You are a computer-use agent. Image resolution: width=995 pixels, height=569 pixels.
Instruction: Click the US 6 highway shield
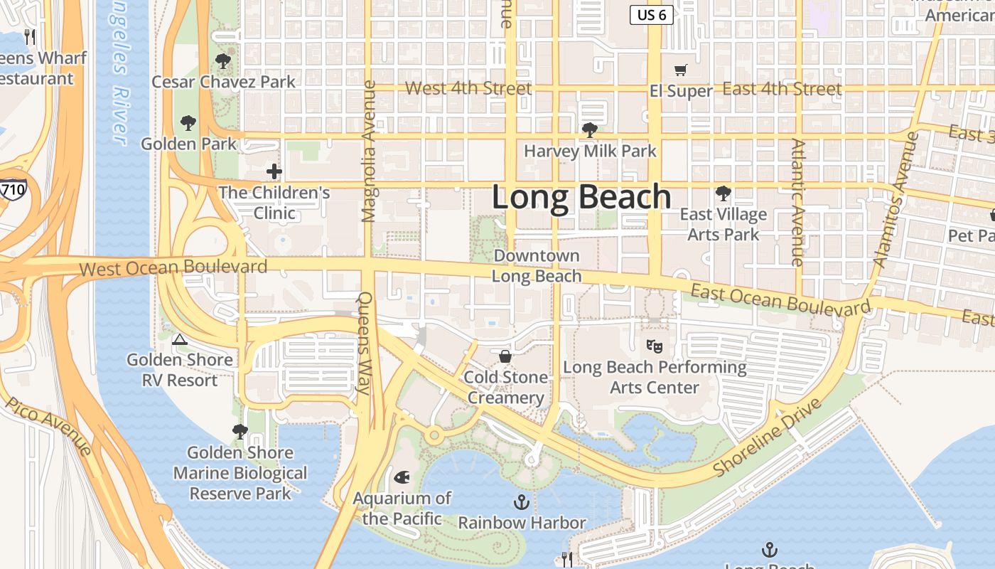click(x=652, y=15)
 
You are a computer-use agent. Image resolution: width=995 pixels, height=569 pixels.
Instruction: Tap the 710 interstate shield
click(x=13, y=189)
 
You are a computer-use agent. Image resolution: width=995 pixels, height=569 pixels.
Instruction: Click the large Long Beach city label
click(x=581, y=197)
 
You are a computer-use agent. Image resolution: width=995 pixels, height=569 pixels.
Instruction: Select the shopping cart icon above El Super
click(x=681, y=70)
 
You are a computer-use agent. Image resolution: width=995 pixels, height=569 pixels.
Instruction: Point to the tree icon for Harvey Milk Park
click(x=589, y=130)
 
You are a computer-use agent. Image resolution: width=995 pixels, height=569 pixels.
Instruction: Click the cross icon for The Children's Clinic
click(x=274, y=171)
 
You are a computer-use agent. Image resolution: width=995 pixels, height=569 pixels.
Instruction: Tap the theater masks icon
click(x=655, y=346)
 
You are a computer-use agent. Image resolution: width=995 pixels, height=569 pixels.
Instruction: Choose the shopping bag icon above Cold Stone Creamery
click(x=505, y=356)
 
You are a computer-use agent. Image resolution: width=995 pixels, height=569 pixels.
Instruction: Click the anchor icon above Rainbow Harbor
click(x=522, y=502)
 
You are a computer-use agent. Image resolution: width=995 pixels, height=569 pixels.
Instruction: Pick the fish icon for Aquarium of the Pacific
click(x=402, y=477)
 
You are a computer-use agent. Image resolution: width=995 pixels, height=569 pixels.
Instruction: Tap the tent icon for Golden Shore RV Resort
click(x=179, y=339)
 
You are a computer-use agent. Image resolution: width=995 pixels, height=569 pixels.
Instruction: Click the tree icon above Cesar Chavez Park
click(x=223, y=61)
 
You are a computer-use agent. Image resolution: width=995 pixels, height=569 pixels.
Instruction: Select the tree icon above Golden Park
click(x=188, y=123)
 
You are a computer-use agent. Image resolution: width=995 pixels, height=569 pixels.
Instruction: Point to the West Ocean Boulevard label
click(x=173, y=267)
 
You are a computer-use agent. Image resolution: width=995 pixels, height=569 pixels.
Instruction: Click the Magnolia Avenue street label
click(x=368, y=151)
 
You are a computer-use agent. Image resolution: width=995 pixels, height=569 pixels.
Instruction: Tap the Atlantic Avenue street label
click(x=798, y=203)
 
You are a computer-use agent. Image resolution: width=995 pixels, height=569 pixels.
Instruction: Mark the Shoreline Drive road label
click(x=767, y=437)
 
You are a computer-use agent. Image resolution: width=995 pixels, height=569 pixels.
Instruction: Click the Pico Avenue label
click(x=49, y=427)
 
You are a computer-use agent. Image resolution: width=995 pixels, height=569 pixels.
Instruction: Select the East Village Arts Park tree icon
click(x=723, y=193)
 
